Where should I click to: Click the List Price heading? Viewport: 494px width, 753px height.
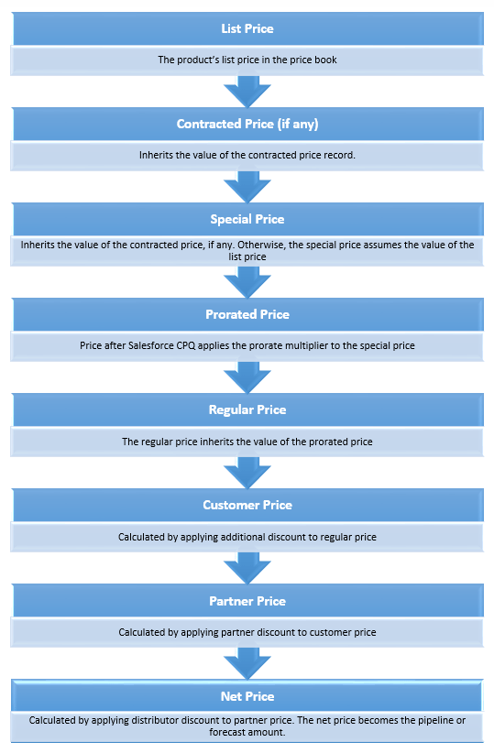[x=247, y=28]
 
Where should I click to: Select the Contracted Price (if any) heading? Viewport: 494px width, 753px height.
[x=247, y=124]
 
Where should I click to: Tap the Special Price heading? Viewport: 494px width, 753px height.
[x=247, y=219]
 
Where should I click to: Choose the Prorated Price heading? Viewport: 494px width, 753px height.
[x=247, y=314]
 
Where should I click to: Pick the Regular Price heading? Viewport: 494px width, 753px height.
[x=247, y=409]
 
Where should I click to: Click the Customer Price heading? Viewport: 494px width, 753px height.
[x=247, y=505]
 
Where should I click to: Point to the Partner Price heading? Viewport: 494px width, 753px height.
[x=247, y=601]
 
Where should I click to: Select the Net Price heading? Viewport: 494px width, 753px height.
[x=247, y=696]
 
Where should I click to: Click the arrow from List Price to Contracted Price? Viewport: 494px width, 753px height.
[x=247, y=90]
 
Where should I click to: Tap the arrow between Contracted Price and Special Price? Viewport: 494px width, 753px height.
[x=247, y=185]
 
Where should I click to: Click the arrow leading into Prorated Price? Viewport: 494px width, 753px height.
[x=247, y=280]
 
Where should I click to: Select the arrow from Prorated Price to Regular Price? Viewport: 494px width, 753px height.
[x=247, y=376]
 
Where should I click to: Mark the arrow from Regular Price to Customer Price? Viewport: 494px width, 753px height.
[x=247, y=471]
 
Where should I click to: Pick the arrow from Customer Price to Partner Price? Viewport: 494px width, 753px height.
[x=247, y=566]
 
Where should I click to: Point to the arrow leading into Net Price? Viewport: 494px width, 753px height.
[x=247, y=662]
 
